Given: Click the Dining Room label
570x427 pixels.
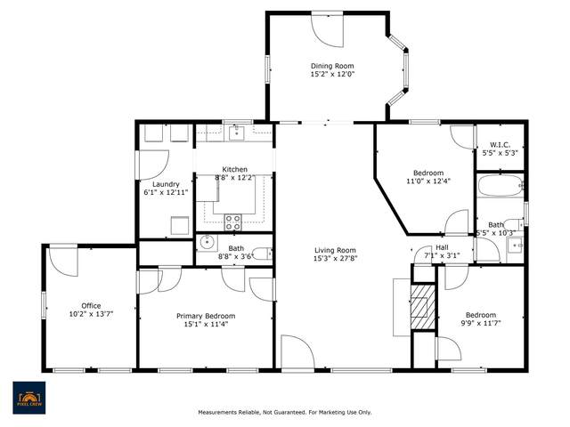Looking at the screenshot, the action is coord(332,66).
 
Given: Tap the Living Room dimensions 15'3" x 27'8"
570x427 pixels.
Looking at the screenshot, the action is coord(335,259).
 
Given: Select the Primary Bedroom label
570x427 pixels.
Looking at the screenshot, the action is coord(206,316).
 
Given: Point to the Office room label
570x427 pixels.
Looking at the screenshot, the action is coord(91,305).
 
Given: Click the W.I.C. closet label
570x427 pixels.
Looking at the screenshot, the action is coord(500,144).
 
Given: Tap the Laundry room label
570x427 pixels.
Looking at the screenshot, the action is coord(166,184).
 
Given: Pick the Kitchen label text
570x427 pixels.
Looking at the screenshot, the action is coord(235,169).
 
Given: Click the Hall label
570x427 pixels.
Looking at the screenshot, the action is coord(442,247).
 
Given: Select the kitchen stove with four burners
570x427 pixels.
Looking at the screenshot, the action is coord(232,222).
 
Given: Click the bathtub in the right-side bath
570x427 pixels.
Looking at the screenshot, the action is coord(501,186).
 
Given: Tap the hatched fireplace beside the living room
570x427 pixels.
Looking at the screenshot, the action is coord(423,307).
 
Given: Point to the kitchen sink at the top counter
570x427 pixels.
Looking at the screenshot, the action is coord(237,133).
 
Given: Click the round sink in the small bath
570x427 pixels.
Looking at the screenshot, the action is coord(208,243).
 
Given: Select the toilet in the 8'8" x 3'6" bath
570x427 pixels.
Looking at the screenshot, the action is coord(262,254).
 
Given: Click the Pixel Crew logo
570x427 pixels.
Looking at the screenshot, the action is coord(29,398).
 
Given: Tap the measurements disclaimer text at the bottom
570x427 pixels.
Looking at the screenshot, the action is coord(285,412).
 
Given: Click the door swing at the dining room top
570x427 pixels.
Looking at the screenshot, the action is coord(327,30).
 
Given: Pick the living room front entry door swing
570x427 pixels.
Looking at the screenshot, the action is coord(297,352).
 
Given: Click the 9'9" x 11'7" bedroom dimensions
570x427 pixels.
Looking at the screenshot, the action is coord(481,323).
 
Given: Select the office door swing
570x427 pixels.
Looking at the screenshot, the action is coord(63,262).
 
